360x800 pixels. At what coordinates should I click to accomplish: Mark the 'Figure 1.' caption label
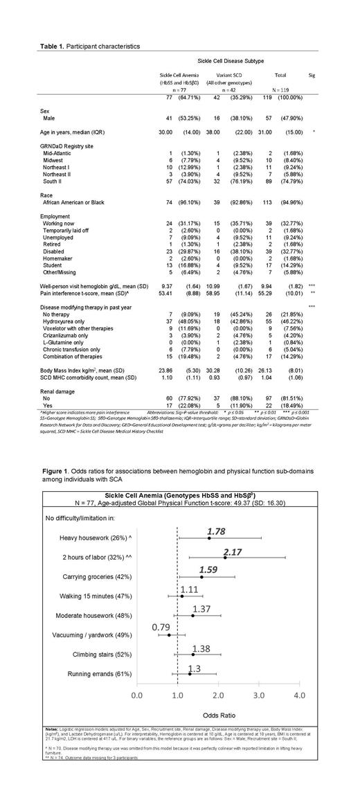[60, 451]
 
